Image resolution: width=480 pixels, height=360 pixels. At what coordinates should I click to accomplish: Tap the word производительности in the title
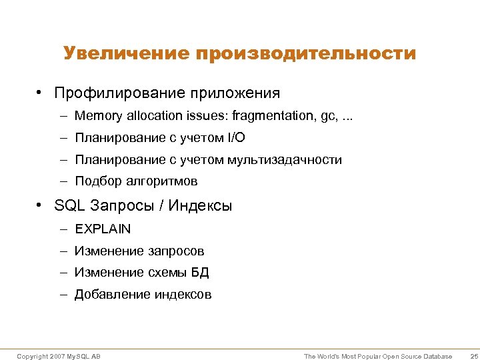305,53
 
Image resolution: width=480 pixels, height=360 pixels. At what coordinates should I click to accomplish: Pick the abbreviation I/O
235,138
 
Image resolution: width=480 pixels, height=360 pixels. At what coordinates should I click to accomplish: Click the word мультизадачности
285,160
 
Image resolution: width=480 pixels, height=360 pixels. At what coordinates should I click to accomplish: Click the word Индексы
200,206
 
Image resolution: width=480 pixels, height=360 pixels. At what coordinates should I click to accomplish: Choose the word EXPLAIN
103,229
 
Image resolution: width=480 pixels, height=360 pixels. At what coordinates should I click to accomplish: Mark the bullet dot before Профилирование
41,93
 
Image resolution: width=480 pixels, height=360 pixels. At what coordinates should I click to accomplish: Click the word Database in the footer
438,357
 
